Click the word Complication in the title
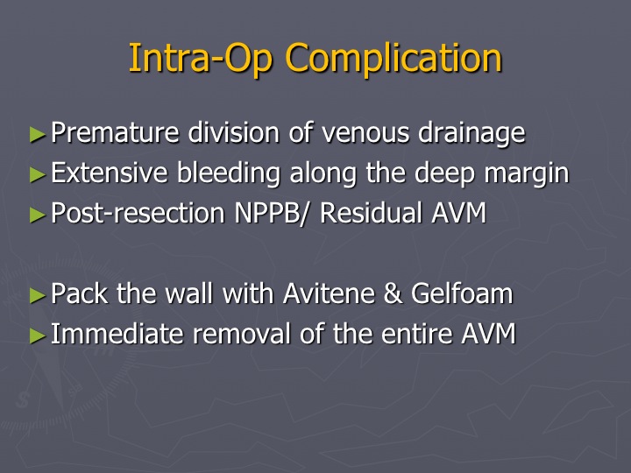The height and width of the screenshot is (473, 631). coord(393,59)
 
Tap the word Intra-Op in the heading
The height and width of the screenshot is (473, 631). coord(201,59)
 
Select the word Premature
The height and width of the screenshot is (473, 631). coord(115,132)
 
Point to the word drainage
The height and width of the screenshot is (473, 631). coord(472,133)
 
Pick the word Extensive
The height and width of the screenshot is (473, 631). coord(110,173)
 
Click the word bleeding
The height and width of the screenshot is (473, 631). coord(229,173)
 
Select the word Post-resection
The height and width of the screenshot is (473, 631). coord(138,213)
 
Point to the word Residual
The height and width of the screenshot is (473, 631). coord(371,212)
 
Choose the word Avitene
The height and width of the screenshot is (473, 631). coord(329,293)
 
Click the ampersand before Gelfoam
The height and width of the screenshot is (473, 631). coord(393,293)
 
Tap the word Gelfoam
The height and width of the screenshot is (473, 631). coord(462,293)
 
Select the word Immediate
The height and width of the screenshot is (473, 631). coord(117,334)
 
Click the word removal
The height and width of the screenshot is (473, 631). coord(242,334)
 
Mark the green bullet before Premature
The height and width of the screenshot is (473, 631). coord(38,134)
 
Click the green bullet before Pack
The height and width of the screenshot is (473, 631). coord(38,295)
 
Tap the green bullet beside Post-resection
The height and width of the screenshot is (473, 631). coord(38,215)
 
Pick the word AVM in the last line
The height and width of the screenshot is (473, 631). coord(488,334)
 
